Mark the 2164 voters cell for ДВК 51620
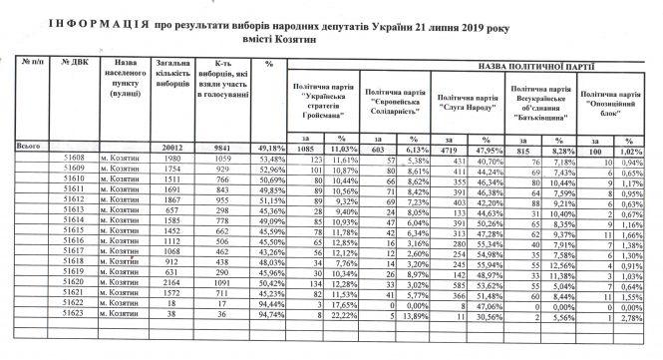tap(171, 281)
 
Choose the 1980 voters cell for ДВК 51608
tap(171, 160)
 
